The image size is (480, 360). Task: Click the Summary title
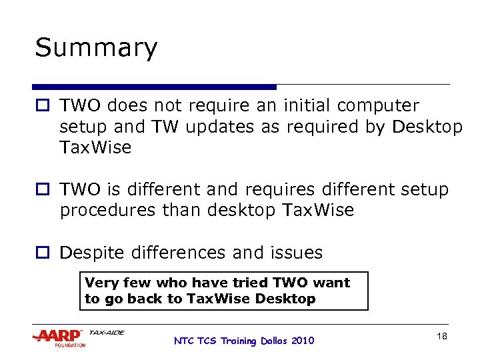pyautogui.click(x=96, y=48)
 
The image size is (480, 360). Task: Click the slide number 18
pyautogui.click(x=441, y=337)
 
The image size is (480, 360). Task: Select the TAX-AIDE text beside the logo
pyautogui.click(x=106, y=332)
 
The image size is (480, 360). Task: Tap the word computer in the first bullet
pyautogui.click(x=378, y=105)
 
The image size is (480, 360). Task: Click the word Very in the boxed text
pyautogui.click(x=100, y=283)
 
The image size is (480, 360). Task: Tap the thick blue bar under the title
pyautogui.click(x=154, y=87)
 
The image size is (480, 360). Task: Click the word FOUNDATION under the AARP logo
pyautogui.click(x=71, y=345)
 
